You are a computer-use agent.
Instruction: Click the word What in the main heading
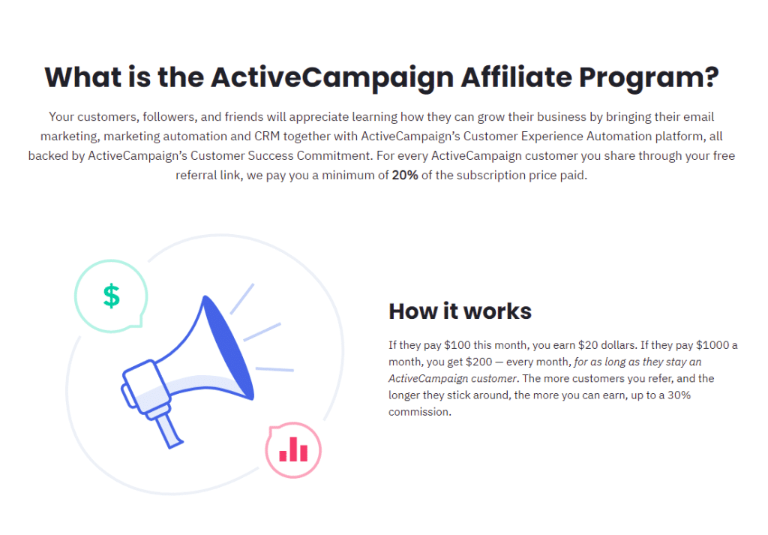82,77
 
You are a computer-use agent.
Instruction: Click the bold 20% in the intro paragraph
406,176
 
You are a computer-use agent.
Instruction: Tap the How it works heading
460,311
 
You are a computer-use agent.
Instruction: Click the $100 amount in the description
458,345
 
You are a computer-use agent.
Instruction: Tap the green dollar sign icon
111,296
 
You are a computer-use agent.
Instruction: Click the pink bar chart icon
293,449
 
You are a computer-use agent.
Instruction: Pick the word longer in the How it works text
406,395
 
